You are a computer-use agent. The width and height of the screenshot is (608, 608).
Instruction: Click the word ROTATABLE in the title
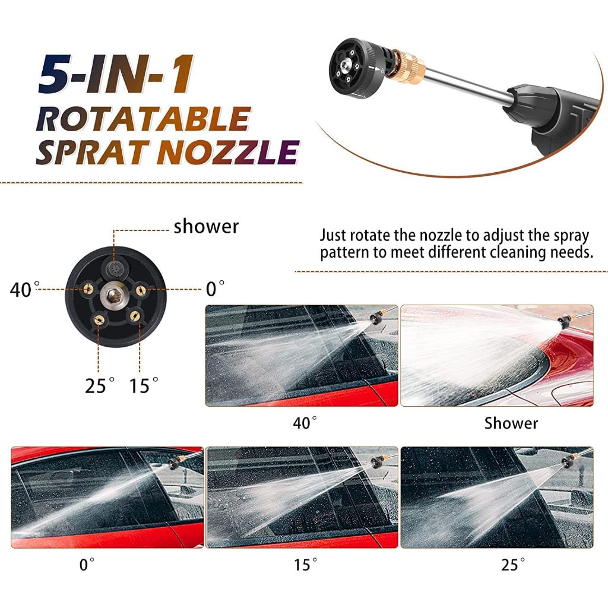143,119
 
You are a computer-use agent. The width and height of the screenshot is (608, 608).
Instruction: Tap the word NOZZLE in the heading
228,153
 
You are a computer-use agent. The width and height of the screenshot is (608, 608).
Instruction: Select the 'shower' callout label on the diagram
206,227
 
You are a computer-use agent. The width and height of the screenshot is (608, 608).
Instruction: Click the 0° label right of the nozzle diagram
215,289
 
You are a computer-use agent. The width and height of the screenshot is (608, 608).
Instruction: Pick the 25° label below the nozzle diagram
100,385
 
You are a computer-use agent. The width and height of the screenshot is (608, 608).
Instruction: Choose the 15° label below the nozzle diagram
144,385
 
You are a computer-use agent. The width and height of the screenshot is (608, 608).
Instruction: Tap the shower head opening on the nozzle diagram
114,267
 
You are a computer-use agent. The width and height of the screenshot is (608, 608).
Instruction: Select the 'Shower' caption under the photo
511,423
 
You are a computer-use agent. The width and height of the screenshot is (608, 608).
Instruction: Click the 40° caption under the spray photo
305,423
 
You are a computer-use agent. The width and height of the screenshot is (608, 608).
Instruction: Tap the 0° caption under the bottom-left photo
87,565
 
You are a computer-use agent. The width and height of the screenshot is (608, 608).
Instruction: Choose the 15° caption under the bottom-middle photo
305,565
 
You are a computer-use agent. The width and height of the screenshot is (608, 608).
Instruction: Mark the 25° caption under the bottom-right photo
513,565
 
